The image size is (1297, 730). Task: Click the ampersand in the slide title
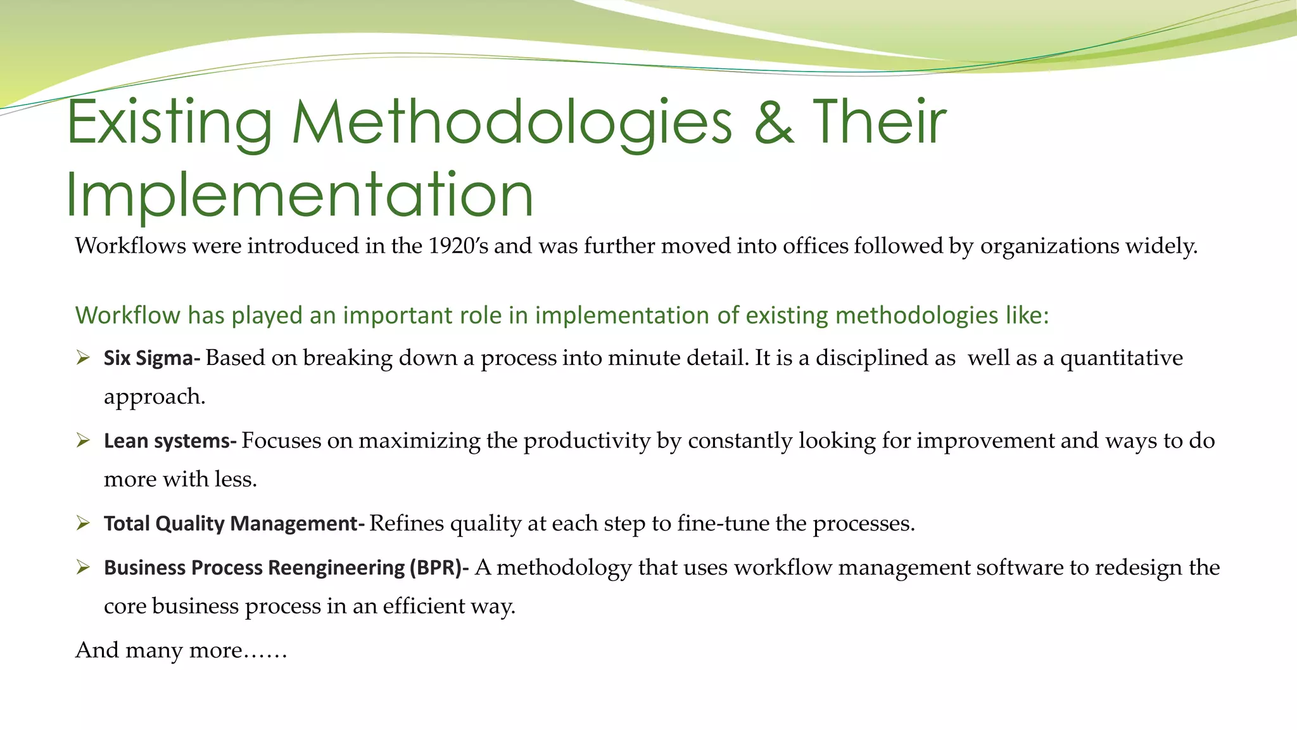point(774,122)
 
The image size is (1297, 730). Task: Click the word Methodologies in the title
point(512,123)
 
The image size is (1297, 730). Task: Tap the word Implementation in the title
point(300,195)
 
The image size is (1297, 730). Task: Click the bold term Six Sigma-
point(152,359)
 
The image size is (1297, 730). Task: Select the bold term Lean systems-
point(170,441)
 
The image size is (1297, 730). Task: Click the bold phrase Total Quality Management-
point(234,524)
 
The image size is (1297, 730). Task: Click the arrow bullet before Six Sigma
point(83,358)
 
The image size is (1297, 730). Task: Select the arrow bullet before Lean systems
point(83,440)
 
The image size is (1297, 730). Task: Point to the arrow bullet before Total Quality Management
point(83,523)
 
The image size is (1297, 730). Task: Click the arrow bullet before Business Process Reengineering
point(83,567)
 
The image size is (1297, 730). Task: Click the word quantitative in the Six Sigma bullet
point(1121,359)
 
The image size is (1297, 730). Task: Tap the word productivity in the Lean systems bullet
point(587,441)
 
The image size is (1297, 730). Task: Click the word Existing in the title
point(169,123)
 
